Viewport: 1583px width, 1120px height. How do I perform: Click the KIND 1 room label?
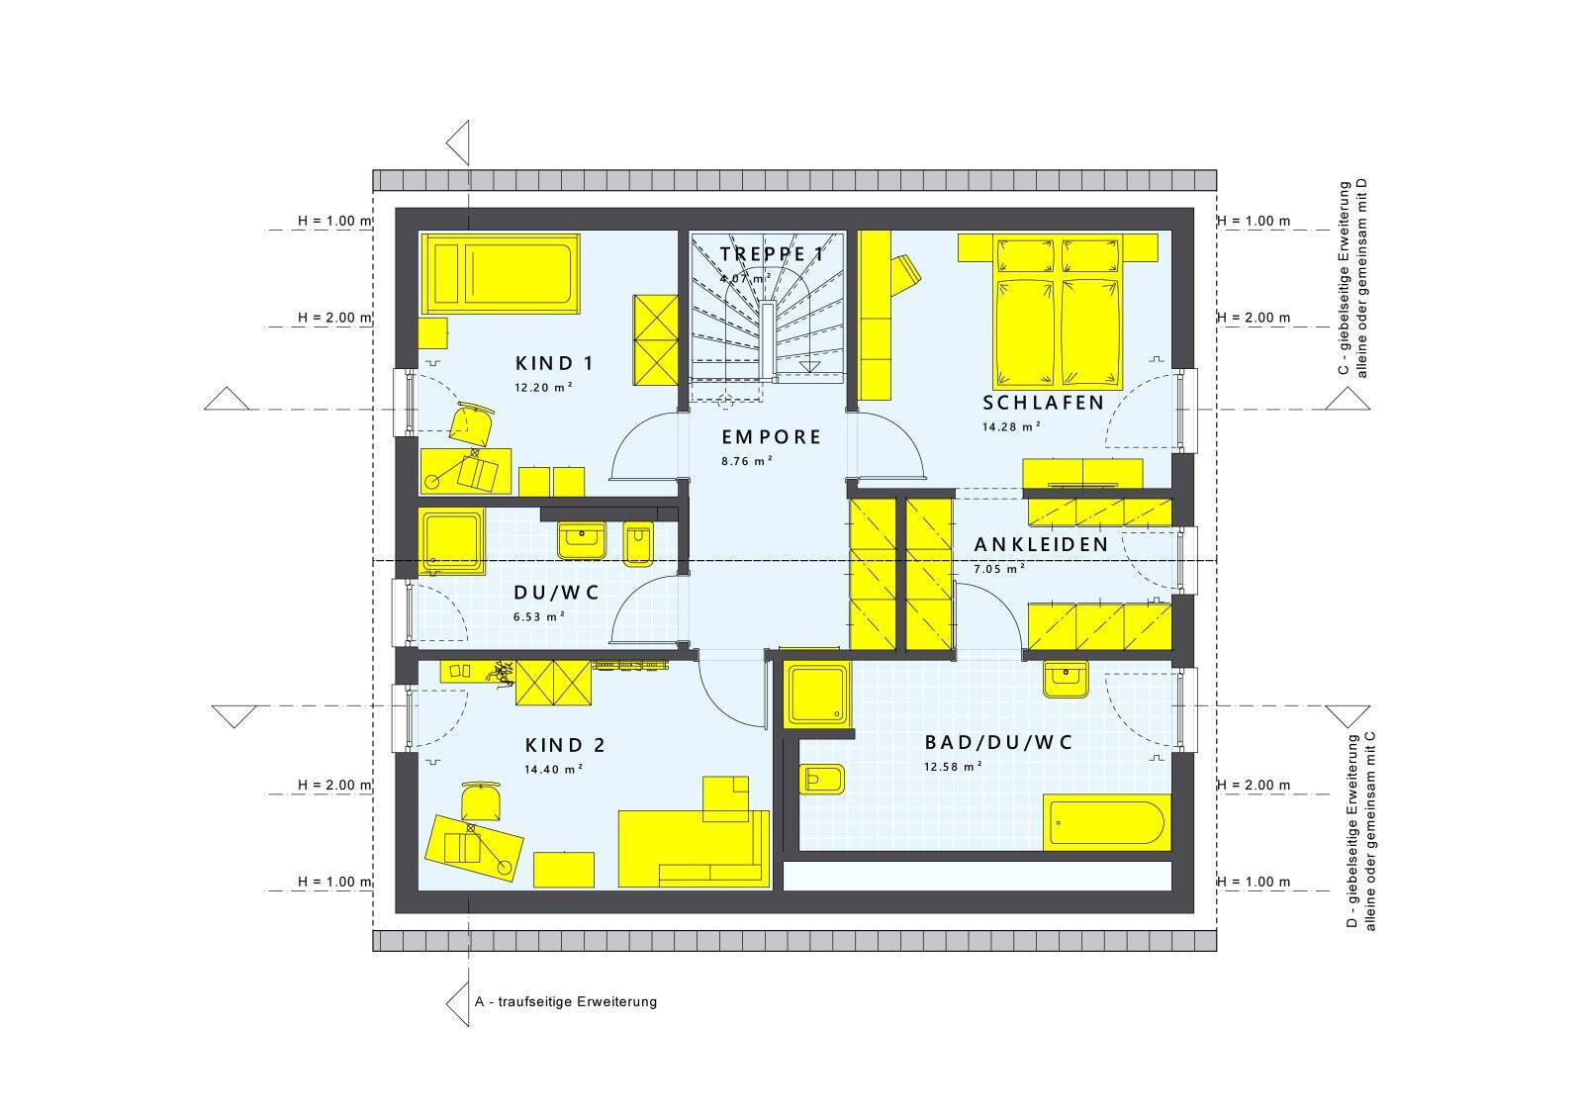coord(554,364)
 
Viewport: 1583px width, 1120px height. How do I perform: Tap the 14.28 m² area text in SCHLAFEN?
coord(1011,426)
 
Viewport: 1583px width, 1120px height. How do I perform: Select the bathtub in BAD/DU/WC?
coord(1107,822)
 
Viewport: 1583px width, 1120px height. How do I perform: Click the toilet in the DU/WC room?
coord(638,544)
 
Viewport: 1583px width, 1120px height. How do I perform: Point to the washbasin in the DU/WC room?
coord(583,540)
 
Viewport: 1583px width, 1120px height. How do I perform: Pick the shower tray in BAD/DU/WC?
coord(817,695)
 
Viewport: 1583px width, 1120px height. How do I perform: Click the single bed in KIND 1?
coord(501,273)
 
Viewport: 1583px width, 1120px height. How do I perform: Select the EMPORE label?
coord(771,437)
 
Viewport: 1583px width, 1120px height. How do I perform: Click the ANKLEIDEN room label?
coord(1041,545)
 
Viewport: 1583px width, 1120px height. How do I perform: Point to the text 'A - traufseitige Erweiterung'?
coord(566,1002)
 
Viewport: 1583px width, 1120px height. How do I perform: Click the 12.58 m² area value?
coord(954,767)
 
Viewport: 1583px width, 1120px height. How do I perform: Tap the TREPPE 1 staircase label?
coord(772,254)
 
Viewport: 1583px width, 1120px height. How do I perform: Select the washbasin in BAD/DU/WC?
coord(1066,680)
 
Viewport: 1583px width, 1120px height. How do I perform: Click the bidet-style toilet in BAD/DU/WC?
coord(822,780)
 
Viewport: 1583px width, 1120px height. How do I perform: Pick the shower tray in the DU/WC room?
coord(451,540)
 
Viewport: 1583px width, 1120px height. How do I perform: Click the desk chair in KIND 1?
coord(471,422)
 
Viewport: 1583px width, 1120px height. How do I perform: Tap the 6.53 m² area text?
coord(539,616)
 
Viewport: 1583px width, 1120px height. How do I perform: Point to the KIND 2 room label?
coord(565,745)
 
